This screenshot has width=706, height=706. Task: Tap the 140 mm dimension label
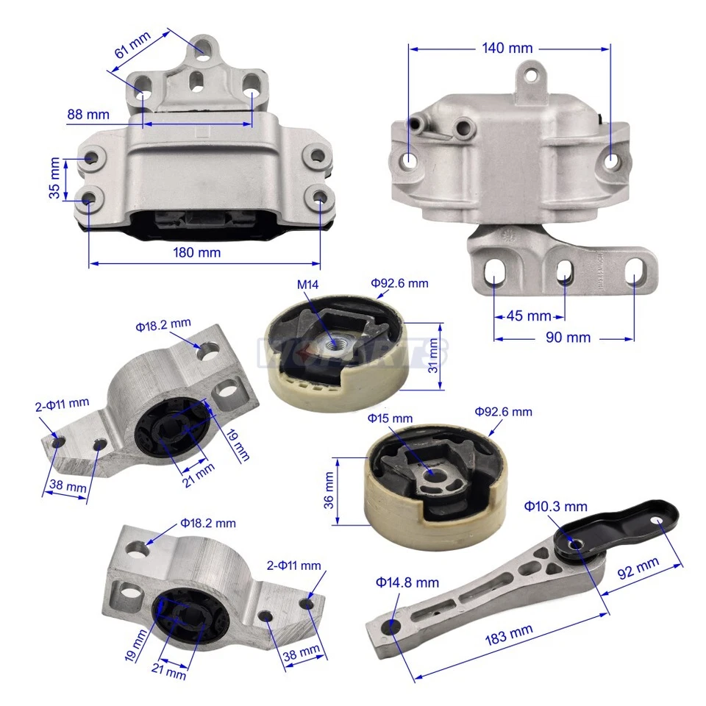coord(507,49)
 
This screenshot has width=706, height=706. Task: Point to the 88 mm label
coord(88,114)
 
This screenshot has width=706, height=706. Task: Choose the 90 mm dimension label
coord(567,338)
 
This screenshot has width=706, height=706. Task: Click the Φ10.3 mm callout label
coord(555,506)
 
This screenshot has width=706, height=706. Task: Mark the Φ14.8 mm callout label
coord(407,582)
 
